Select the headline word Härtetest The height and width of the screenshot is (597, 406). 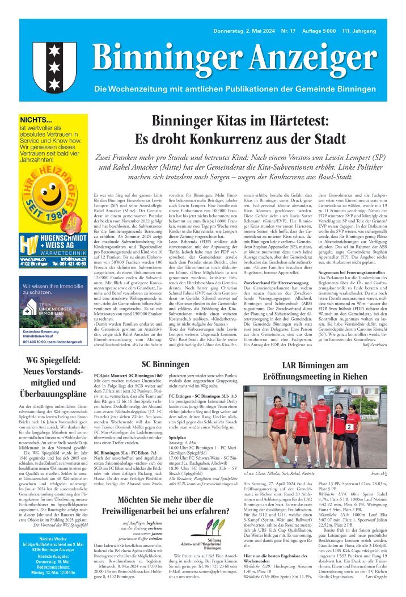click(x=287, y=121)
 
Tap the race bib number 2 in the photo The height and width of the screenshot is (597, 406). click(x=350, y=426)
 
